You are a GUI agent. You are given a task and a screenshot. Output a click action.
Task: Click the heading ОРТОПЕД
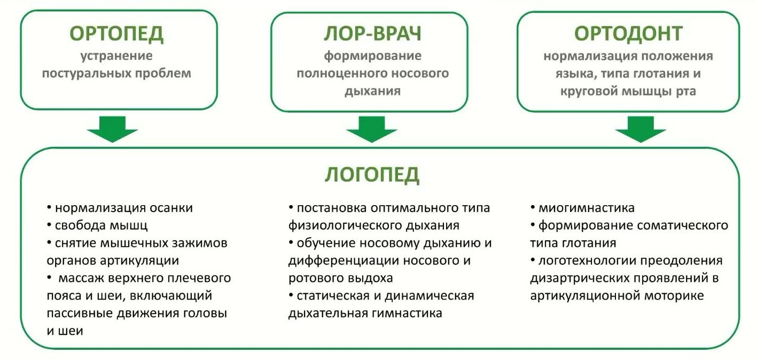point(116,34)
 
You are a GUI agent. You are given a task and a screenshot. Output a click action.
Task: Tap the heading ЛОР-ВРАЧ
point(373,34)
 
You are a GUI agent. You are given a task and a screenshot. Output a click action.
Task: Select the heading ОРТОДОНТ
point(628,34)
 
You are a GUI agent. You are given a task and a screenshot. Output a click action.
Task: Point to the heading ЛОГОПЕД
point(372,175)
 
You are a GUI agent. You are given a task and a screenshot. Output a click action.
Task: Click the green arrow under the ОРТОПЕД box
point(112,129)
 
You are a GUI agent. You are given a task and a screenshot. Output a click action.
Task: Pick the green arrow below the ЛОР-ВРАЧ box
point(372,129)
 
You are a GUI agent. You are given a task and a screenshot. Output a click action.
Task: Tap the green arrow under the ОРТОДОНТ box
point(641,129)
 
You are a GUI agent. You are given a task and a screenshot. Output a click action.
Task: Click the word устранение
point(116,56)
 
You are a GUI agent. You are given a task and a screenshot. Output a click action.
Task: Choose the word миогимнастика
point(587,208)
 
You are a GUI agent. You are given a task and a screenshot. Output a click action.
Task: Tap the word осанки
point(171,208)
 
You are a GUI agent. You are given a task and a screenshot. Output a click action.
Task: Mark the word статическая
point(333,296)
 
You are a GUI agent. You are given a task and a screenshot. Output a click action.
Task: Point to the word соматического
point(680,225)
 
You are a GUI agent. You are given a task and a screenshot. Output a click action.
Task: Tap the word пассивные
point(79,314)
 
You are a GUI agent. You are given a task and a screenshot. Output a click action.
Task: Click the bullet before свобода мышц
point(49,224)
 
